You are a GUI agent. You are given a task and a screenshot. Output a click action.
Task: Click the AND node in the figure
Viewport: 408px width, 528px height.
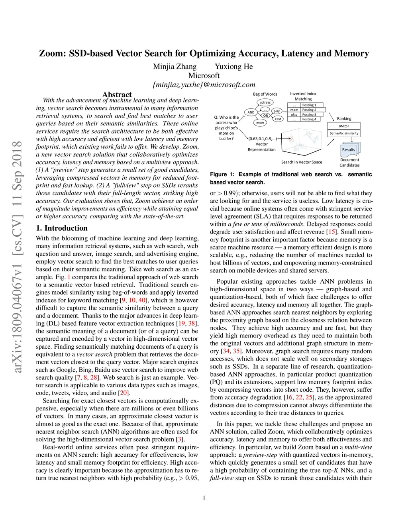tap(251, 112)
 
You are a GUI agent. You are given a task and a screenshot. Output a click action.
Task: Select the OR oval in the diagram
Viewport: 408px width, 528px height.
tap(265, 116)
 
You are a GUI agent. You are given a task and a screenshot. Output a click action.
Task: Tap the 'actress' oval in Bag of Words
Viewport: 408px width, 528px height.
tap(265, 102)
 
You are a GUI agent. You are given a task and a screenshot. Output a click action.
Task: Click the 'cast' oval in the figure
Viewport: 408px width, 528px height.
tap(278, 119)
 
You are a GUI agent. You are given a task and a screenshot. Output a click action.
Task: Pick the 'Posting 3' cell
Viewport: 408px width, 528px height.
tap(309, 114)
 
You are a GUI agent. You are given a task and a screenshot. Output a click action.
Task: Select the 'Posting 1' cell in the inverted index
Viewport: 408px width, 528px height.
tap(309, 105)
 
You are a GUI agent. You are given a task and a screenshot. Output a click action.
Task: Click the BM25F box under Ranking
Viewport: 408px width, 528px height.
tap(344, 126)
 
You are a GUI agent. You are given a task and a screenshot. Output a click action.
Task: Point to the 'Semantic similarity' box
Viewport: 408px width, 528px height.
tap(344, 133)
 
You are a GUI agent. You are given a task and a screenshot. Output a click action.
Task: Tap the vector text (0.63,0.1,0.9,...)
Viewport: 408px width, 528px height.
tap(262, 139)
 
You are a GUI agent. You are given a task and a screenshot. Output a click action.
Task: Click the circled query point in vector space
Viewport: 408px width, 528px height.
tap(290, 139)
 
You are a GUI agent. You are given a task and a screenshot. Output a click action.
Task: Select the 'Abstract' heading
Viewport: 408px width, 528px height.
tap(117, 94)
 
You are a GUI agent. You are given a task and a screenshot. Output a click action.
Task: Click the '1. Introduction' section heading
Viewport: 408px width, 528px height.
tap(62, 228)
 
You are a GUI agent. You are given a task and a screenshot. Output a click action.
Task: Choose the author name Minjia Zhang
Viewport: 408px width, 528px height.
tap(175, 67)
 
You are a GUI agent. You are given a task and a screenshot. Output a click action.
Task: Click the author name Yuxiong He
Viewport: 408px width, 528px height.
tap(233, 67)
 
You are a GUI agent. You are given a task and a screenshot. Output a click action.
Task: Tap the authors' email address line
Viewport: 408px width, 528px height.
tap(204, 84)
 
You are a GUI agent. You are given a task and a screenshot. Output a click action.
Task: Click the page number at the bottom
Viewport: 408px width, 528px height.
tap(204, 498)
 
